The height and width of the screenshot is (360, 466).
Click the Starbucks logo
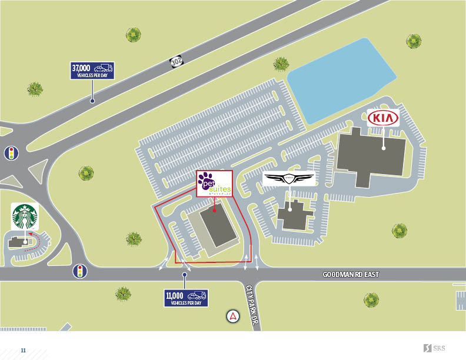pos(25,216)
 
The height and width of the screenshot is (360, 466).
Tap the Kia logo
pos(384,118)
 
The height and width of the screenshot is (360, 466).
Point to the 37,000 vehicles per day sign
pos(92,71)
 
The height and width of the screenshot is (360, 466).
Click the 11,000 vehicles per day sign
pos(186,298)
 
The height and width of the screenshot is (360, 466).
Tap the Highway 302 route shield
pos(176,61)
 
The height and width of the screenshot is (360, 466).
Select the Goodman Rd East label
pos(351,275)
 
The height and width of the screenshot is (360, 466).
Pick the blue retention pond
pos(341,79)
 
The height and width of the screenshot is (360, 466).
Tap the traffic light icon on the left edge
pos(10,154)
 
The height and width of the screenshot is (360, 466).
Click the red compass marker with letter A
pos(234,316)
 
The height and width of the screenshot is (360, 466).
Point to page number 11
pos(24,350)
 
